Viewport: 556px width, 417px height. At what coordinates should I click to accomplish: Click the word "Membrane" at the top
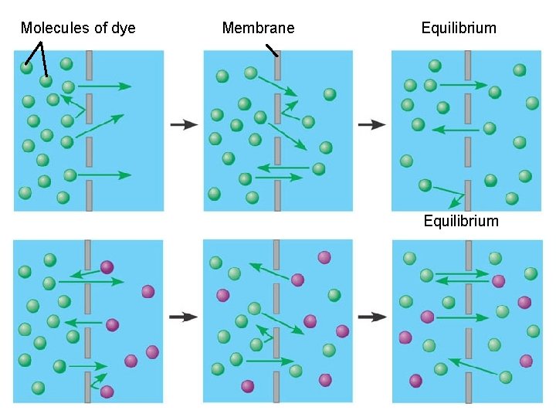(258, 29)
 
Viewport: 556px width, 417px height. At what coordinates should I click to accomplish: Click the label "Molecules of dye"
(78, 29)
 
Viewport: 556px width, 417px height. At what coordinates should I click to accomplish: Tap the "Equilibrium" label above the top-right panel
(459, 29)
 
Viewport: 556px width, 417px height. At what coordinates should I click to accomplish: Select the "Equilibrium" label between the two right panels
(461, 222)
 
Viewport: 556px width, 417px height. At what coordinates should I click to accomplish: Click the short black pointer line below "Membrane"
(271, 50)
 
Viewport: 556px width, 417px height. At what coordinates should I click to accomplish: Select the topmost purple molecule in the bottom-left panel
(107, 267)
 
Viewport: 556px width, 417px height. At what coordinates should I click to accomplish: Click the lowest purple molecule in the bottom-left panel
(107, 392)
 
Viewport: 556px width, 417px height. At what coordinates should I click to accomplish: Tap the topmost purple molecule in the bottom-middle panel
(324, 257)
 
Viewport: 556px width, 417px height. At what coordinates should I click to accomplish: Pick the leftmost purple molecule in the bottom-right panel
(405, 337)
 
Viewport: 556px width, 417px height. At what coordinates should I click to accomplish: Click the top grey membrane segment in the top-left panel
(90, 63)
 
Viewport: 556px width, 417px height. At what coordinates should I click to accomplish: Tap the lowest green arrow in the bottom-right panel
(474, 368)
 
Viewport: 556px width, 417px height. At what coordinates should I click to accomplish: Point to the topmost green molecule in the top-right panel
(435, 66)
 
